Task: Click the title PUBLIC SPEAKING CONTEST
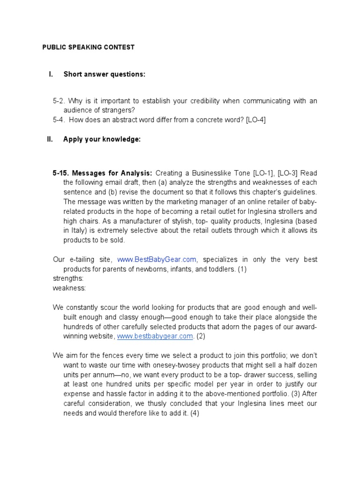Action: tap(89, 47)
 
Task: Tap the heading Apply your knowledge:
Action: tap(102, 140)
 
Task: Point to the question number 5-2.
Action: tap(60, 101)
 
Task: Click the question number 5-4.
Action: tap(60, 120)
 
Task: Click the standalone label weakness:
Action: tap(69, 288)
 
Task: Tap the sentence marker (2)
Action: tap(201, 336)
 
